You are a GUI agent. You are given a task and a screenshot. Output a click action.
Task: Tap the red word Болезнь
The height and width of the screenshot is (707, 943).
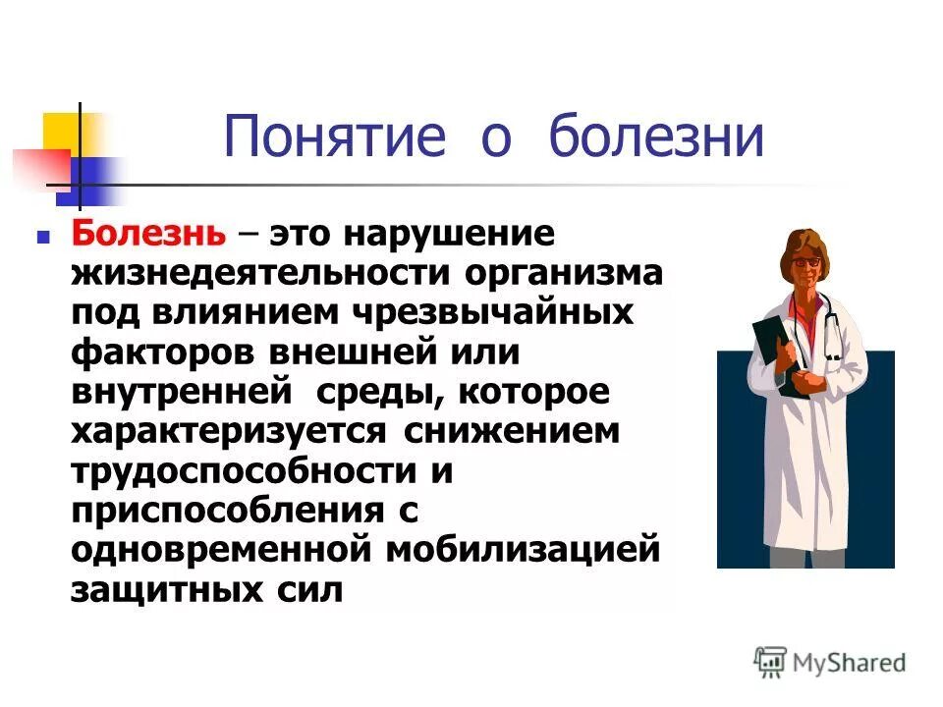click(x=150, y=236)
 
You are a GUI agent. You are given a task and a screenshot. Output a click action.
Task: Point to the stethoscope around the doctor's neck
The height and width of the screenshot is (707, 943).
click(x=831, y=324)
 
